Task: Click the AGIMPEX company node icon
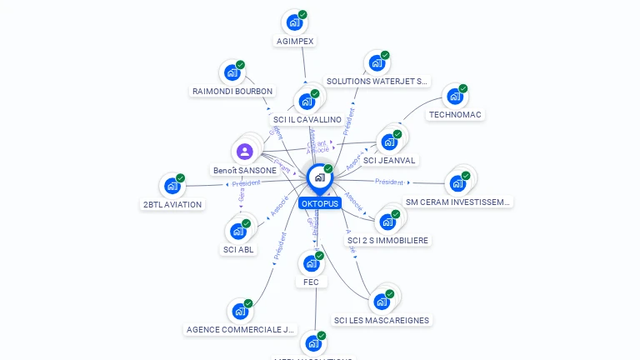pos(293,22)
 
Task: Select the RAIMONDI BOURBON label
pos(232,91)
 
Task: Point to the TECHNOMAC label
pos(455,114)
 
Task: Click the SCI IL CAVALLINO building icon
pos(306,102)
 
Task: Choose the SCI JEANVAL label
pos(389,160)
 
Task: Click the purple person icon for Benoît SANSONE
pos(244,152)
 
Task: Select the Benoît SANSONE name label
pos(244,170)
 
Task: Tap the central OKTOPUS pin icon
pos(319,177)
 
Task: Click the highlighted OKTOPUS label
pos(320,203)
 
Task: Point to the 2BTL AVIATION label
pos(172,204)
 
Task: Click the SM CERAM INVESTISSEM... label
pos(457,202)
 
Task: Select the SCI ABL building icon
pos(237,231)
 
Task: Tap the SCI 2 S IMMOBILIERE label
pos(387,240)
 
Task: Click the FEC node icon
pos(310,263)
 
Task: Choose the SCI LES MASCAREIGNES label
pos(382,320)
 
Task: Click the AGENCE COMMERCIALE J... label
pos(241,329)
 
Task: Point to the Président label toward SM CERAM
pos(389,182)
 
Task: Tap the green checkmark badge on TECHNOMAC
pos(463,89)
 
